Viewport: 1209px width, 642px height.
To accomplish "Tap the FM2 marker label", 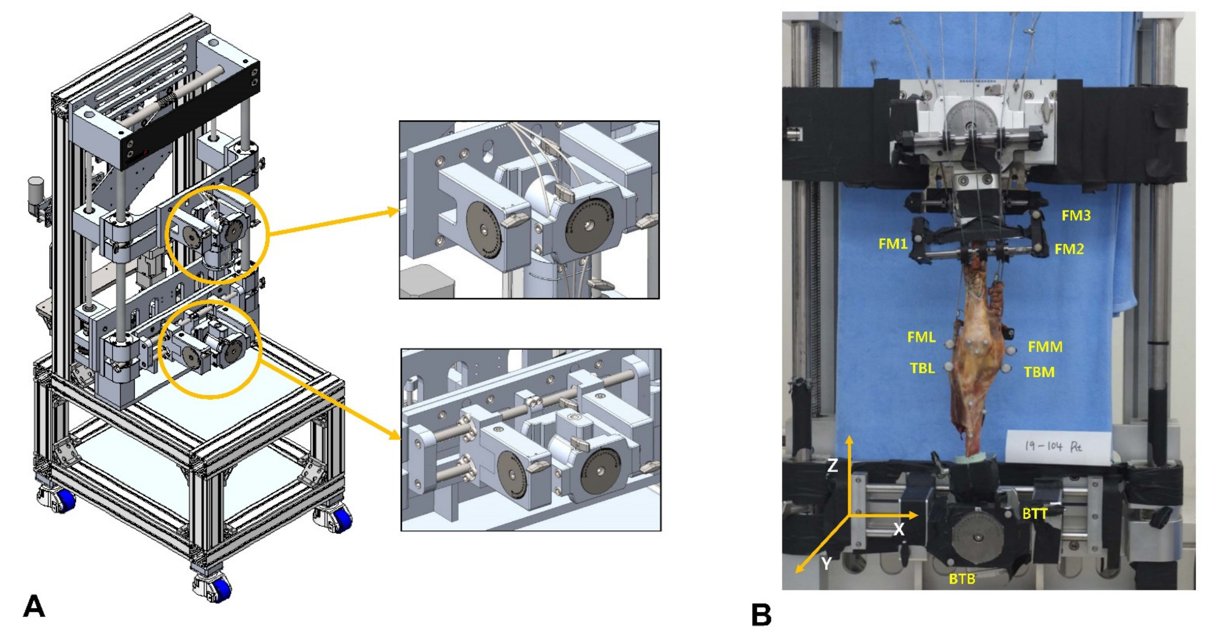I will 1069,249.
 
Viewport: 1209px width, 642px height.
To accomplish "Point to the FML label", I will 921,337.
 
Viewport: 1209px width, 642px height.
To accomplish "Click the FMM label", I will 1045,347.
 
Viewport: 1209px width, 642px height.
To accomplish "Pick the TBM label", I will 1039,372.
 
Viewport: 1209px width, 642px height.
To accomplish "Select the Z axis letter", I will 832,466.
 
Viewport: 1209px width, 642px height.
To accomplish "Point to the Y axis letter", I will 826,564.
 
